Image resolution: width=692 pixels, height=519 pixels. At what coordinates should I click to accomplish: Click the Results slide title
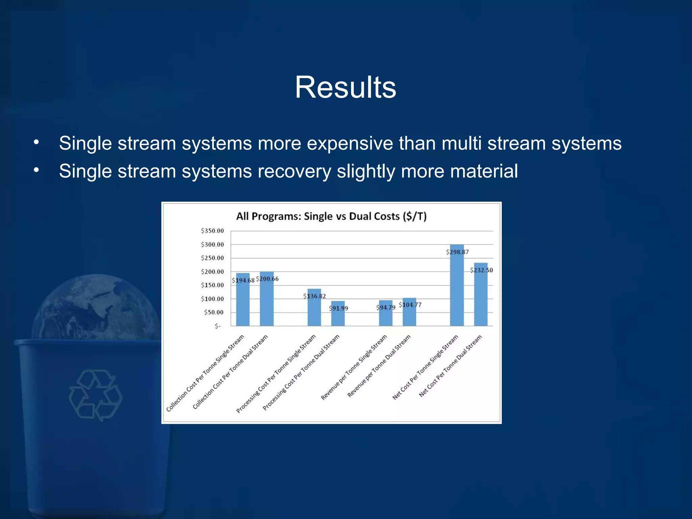[345, 88]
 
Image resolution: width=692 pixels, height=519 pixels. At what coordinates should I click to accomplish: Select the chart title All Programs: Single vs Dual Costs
[331, 216]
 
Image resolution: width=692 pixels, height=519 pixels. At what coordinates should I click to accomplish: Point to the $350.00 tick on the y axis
[212, 231]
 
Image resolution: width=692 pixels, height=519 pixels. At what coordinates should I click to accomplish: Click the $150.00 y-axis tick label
[212, 285]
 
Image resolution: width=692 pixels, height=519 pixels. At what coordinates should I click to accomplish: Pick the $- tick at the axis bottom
[218, 326]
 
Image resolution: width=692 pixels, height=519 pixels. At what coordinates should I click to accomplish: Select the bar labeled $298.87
[457, 291]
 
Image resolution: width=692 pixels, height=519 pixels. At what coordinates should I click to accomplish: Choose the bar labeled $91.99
[338, 318]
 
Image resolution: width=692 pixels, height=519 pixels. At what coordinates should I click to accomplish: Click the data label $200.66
[267, 279]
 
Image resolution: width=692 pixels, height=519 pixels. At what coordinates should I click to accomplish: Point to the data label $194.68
[243, 280]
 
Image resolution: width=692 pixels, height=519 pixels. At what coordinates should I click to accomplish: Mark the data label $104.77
[410, 305]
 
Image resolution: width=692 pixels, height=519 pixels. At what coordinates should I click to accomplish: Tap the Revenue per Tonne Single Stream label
[354, 368]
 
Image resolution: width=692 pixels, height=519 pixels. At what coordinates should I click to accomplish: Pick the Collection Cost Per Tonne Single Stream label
[205, 373]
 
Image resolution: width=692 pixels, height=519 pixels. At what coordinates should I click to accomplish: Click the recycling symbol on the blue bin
[96, 395]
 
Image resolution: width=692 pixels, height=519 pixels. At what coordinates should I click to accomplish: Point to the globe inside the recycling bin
[96, 307]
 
